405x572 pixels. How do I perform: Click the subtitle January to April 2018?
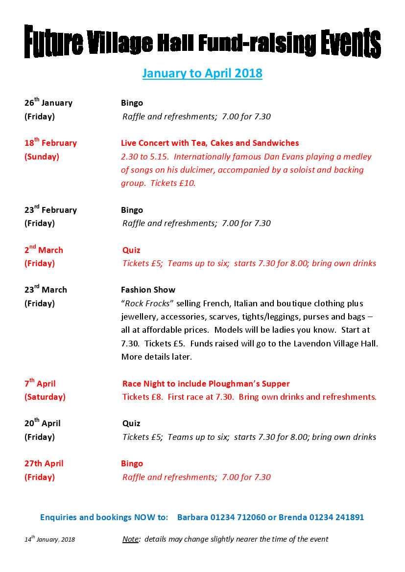(202, 73)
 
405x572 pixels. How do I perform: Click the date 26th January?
(48, 103)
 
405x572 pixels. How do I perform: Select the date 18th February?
(50, 143)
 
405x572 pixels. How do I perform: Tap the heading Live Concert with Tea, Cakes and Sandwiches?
(210, 143)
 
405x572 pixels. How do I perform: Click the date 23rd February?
(50, 210)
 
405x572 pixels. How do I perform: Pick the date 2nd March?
(44, 250)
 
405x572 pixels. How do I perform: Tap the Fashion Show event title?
(148, 290)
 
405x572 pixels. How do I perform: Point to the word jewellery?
(141, 317)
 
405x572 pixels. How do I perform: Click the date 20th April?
(43, 423)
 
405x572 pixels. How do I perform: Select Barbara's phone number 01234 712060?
(238, 517)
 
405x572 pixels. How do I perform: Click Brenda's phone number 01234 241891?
(336, 517)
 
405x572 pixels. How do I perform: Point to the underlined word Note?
(130, 539)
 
